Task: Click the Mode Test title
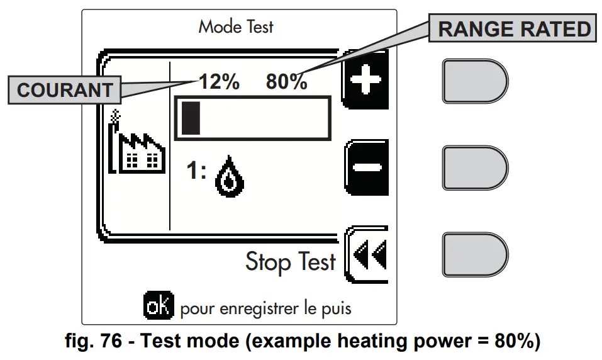tap(236, 27)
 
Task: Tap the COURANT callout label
tap(64, 90)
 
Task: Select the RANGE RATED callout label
tap(514, 29)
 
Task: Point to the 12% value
tap(219, 82)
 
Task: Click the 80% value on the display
tap(286, 82)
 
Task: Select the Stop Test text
tap(291, 262)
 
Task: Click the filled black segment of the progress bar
tap(190, 118)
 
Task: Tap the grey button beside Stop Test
tap(474, 254)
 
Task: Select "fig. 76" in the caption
tap(92, 344)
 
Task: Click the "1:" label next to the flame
tap(196, 171)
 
